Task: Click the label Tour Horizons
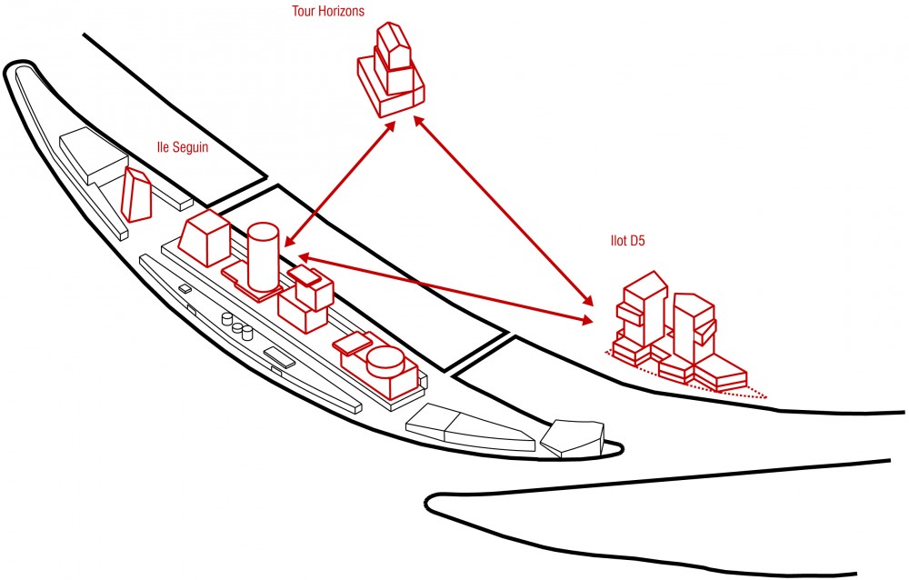point(328,11)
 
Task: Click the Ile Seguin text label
point(182,147)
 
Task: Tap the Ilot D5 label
point(627,240)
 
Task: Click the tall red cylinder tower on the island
point(264,257)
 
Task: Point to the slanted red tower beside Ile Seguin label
point(136,195)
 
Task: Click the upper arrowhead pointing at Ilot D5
point(588,300)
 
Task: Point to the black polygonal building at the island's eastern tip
point(573,438)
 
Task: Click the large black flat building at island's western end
point(94,153)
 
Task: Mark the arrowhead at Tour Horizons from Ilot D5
point(418,123)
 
